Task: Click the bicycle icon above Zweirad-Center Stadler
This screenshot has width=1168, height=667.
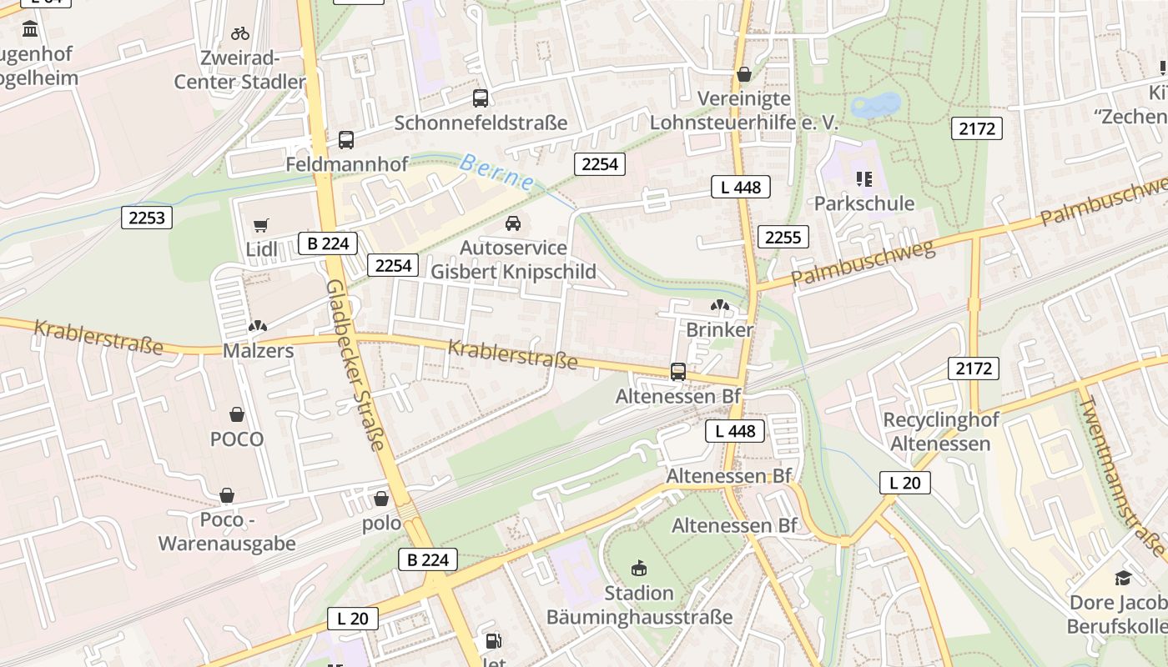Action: point(240,33)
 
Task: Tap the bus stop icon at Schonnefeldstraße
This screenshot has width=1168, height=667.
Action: point(481,98)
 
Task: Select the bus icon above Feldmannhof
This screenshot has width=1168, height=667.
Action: point(346,140)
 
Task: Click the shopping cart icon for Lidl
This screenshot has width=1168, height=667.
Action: point(261,225)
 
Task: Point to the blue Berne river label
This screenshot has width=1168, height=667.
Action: point(496,171)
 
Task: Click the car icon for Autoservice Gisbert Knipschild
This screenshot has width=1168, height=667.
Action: point(513,223)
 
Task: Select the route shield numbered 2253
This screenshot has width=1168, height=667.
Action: point(147,218)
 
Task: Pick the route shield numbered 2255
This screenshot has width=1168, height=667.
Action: point(783,238)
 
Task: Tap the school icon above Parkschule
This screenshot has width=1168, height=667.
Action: point(863,178)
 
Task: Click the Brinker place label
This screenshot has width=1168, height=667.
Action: point(719,329)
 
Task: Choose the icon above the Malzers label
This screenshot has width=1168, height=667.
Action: point(259,326)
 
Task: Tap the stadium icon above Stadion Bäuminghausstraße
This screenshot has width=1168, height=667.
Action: point(639,569)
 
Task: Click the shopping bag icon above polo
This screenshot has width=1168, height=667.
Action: point(381,499)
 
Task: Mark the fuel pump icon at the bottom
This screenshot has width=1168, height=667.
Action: point(494,641)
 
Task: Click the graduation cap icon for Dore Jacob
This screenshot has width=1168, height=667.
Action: point(1123,579)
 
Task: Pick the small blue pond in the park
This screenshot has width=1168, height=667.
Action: point(875,106)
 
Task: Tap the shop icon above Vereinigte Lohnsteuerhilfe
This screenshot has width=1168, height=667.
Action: point(743,74)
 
